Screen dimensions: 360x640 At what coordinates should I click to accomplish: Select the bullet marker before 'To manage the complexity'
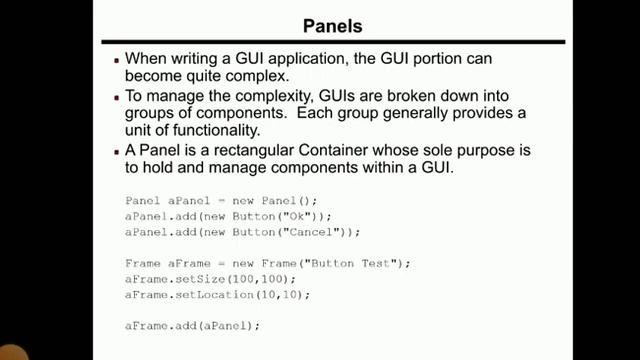pyautogui.click(x=116, y=97)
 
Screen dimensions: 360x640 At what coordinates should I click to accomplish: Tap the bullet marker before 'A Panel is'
pyautogui.click(x=116, y=150)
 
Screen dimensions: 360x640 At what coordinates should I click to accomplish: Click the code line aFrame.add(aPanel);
pyautogui.click(x=192, y=326)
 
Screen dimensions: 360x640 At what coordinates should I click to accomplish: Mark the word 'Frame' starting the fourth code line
pyautogui.click(x=140, y=263)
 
